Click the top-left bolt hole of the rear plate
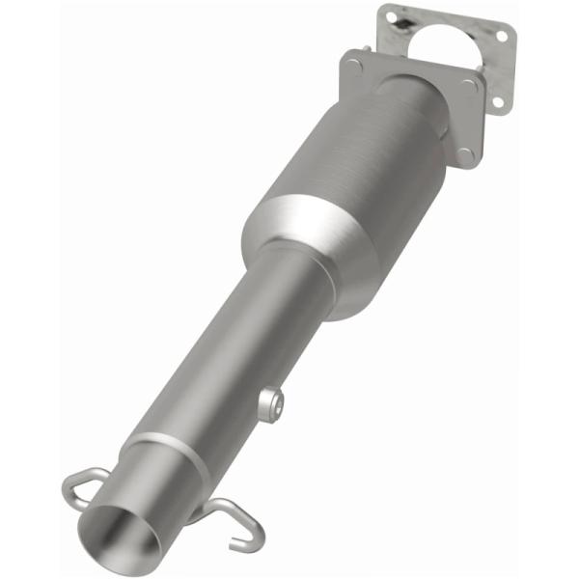[390, 16]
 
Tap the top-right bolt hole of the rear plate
[499, 36]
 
